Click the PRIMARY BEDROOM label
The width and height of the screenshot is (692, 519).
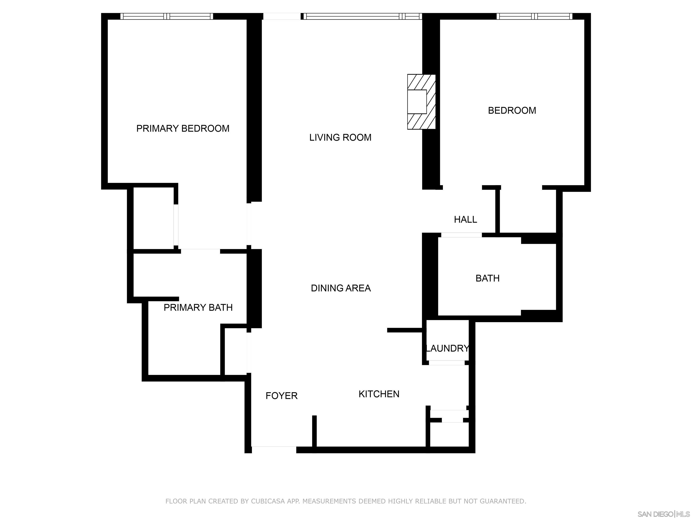[x=183, y=129]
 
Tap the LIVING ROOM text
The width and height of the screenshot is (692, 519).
[x=340, y=138]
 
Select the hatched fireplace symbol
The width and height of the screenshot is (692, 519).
[x=421, y=102]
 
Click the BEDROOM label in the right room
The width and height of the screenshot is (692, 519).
[x=512, y=110]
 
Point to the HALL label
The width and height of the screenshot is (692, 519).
[x=465, y=220]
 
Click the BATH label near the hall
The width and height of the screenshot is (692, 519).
[x=487, y=278]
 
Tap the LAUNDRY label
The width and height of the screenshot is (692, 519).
[x=447, y=348]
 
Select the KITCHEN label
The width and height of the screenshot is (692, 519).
[x=379, y=394]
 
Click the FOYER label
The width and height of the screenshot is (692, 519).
[x=281, y=396]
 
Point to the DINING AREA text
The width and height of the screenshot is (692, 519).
[x=341, y=288]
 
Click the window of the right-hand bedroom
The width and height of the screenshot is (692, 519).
[x=534, y=16]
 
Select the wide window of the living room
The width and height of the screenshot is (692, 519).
[x=363, y=16]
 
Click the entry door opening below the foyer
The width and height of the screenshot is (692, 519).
[x=274, y=450]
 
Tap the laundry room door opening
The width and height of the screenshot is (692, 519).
[x=446, y=363]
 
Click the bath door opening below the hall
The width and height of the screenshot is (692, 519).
[x=461, y=235]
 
